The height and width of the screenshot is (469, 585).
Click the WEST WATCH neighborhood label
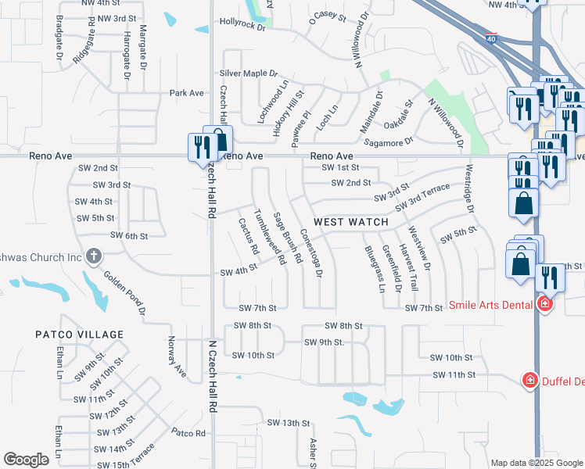coord(351,222)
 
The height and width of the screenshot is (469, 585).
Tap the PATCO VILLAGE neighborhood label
coord(80,335)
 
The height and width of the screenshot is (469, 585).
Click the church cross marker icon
coord(94,255)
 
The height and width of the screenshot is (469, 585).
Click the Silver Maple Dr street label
coord(249,73)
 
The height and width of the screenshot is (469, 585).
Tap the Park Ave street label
coord(187,93)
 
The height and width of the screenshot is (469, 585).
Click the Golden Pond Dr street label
coord(125,293)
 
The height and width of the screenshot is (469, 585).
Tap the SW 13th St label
coord(285,423)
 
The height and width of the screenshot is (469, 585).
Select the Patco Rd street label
coord(188,432)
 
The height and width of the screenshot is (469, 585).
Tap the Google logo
coord(27,460)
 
